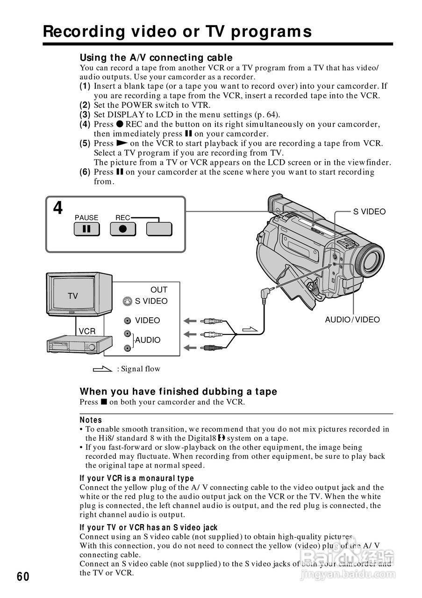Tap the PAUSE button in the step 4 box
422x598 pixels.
click(86, 229)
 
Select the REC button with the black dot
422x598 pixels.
click(122, 229)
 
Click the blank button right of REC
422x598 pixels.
click(159, 229)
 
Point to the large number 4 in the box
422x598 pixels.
click(58, 208)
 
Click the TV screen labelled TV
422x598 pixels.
click(73, 295)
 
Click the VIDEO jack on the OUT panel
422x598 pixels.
click(127, 321)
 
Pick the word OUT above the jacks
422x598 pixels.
click(158, 290)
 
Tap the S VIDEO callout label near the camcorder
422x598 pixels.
click(369, 212)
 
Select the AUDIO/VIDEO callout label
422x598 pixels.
click(352, 320)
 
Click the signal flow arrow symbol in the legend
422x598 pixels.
click(103, 369)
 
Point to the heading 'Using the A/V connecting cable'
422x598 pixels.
click(156, 58)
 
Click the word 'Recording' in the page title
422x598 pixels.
click(85, 32)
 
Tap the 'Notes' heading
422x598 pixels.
click(91, 420)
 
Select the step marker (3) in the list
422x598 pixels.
click(85, 115)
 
